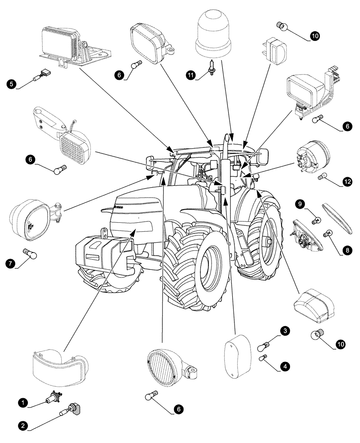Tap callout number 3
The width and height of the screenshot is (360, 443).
[x=285, y=331]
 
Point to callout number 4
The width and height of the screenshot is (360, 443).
[x=285, y=366]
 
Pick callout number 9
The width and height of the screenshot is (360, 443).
[x=300, y=204]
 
